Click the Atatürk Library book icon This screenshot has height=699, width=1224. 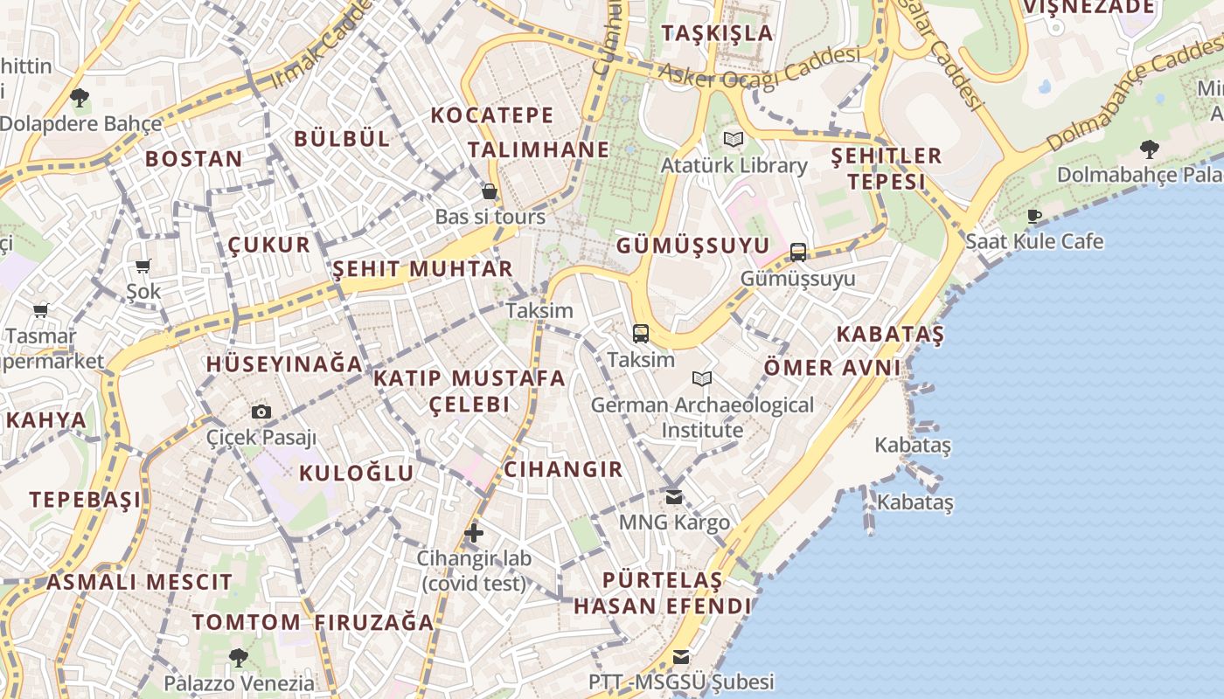pyautogui.click(x=734, y=139)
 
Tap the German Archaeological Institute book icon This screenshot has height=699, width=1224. pyautogui.click(x=702, y=378)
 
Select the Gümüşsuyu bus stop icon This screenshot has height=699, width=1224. pyautogui.click(x=798, y=253)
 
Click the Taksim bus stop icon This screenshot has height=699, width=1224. pyautogui.click(x=641, y=333)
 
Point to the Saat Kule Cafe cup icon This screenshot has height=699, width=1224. pyautogui.click(x=1034, y=215)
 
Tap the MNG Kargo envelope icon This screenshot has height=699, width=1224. pyautogui.click(x=674, y=496)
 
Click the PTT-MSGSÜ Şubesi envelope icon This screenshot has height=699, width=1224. pyautogui.click(x=681, y=656)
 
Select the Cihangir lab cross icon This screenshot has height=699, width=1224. pyautogui.click(x=474, y=532)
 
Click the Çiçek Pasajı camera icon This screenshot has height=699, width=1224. pyautogui.click(x=261, y=412)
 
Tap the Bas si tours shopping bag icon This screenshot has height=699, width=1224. pyautogui.click(x=490, y=190)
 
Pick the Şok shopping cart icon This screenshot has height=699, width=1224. pyautogui.click(x=143, y=266)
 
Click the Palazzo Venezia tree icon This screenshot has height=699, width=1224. pyautogui.click(x=238, y=656)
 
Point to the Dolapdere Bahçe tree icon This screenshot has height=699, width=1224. pyautogui.click(x=80, y=97)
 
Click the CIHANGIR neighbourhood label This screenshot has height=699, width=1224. pyautogui.click(x=564, y=469)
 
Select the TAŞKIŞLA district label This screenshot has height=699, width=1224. pyautogui.click(x=718, y=33)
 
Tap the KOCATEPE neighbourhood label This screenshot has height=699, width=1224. pyautogui.click(x=492, y=115)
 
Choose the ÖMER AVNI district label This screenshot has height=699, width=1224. pyautogui.click(x=832, y=367)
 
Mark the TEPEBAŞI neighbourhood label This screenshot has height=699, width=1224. pyautogui.click(x=85, y=500)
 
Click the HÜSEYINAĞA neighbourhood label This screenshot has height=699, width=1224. pyautogui.click(x=284, y=363)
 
